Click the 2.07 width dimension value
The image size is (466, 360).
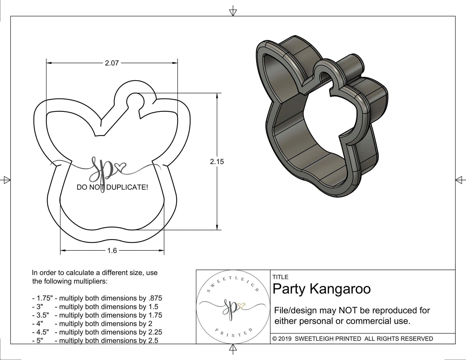[112, 63]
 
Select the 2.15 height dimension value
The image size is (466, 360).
[217, 161]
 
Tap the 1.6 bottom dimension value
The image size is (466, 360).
[112, 250]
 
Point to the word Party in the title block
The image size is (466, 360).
[289, 289]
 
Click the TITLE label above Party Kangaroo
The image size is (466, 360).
[280, 277]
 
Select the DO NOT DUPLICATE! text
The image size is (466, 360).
[112, 187]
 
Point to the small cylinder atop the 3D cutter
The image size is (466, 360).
[353, 64]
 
